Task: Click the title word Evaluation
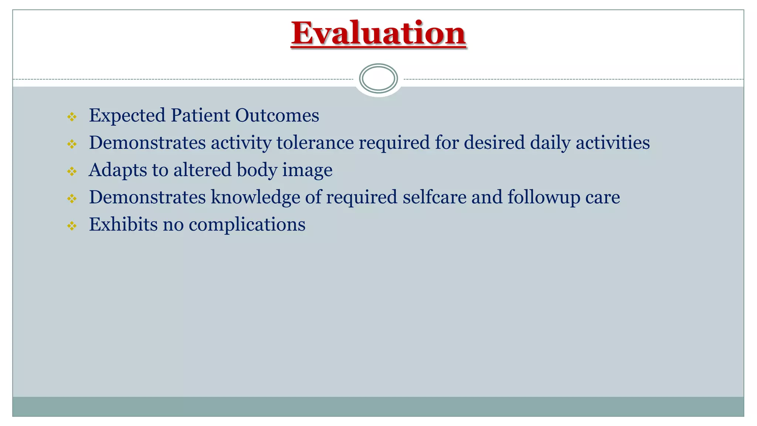click(378, 33)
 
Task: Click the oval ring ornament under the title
click(378, 78)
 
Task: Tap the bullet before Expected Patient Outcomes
click(72, 117)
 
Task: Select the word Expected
click(127, 115)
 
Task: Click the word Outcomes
click(277, 115)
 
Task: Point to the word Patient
click(200, 115)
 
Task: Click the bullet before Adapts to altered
click(72, 172)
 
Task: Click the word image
click(307, 170)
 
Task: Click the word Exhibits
click(123, 224)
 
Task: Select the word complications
click(247, 224)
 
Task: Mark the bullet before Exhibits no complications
click(72, 226)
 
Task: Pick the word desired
click(494, 143)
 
